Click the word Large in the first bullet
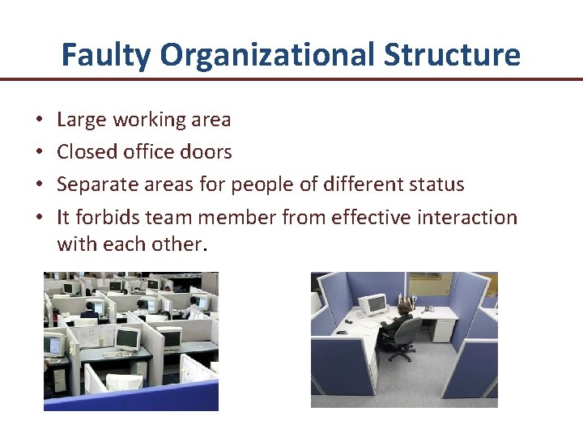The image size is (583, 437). click(82, 121)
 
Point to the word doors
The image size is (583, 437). click(208, 152)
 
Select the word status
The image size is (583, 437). click(435, 185)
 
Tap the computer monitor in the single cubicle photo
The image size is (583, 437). click(375, 305)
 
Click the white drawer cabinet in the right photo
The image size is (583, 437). click(444, 330)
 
